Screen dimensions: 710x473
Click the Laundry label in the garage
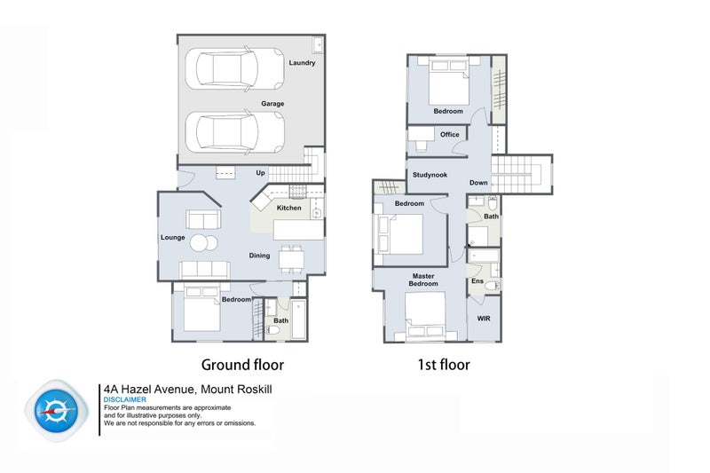click(302, 63)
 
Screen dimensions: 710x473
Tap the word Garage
click(272, 104)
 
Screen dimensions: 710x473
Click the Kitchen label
click(289, 208)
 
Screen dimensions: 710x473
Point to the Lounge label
click(172, 237)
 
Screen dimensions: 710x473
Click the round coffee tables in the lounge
click(204, 243)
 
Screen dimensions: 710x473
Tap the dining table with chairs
click(291, 259)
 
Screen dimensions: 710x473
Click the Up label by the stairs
click(260, 173)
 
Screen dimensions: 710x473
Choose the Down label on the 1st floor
click(478, 183)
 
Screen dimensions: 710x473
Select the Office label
click(450, 134)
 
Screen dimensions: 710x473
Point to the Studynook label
click(430, 175)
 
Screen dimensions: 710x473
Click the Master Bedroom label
click(423, 280)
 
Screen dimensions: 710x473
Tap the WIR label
click(484, 319)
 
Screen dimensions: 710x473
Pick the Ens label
click(477, 281)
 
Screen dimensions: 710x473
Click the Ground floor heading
click(242, 365)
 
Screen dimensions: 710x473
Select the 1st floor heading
click(444, 365)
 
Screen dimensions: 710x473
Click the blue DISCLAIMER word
click(125, 399)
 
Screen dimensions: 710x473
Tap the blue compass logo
click(57, 411)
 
